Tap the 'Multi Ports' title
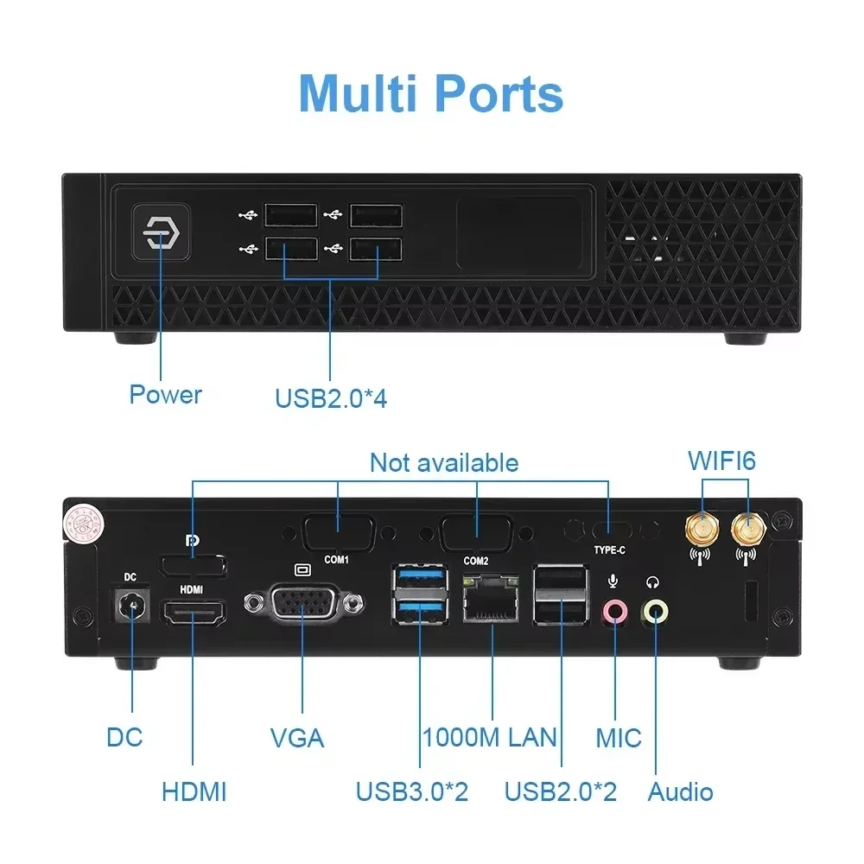tap(431, 93)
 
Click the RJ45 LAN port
tap(492, 603)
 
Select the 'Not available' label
tap(444, 463)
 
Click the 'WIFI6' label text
tap(721, 461)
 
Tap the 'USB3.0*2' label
tap(412, 791)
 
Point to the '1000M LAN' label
tap(490, 738)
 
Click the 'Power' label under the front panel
tap(165, 395)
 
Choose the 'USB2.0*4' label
tap(331, 399)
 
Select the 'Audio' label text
tap(681, 791)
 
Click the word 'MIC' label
tap(619, 738)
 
